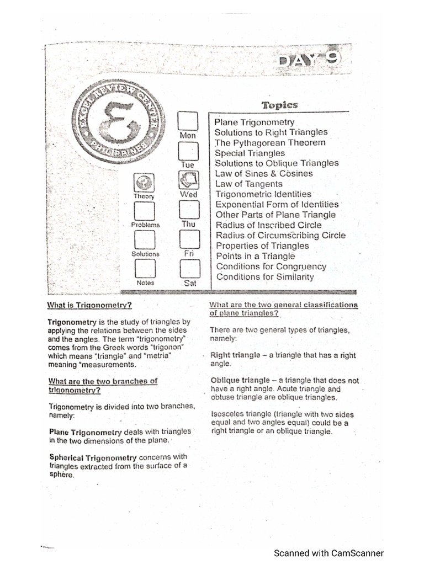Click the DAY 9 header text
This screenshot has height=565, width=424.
309,59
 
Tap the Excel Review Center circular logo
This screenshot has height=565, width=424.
118,122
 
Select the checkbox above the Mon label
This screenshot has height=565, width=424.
188,121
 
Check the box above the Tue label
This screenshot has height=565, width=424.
188,151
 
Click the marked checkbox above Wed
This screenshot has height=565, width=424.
189,180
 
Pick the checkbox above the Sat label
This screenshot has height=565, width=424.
190,269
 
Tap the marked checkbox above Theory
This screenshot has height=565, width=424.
144,182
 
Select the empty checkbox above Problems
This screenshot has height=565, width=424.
145,211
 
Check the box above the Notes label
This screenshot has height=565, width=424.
145,269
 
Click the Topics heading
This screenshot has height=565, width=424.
280,105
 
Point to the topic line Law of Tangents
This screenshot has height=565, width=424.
249,184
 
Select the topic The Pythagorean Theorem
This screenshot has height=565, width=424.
270,143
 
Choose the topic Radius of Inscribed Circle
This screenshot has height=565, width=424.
269,225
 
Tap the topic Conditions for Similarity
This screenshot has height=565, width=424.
265,277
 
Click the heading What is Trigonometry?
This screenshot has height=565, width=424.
89,305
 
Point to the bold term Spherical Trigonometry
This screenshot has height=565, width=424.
93,457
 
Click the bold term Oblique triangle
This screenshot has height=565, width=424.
240,381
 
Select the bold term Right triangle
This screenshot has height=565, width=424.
235,355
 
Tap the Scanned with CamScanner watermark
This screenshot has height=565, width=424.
329,553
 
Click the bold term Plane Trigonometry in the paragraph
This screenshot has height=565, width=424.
86,432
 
